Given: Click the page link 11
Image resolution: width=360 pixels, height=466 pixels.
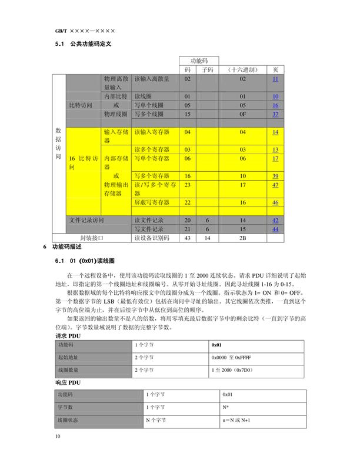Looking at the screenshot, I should pos(275,79).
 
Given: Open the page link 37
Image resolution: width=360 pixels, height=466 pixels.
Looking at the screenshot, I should pos(275,114).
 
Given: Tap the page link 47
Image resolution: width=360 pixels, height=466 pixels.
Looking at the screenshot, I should pos(275,185).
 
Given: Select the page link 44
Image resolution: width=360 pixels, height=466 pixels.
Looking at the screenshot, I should pos(275,229).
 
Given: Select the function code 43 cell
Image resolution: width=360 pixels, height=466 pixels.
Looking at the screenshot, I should pos(188,238).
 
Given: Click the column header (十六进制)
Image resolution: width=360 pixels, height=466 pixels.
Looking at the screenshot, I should pos(242,69).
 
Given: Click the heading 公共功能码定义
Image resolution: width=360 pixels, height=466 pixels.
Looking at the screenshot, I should pos(91,44).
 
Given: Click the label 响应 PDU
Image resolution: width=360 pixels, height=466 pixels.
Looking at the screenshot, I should pos(66,381).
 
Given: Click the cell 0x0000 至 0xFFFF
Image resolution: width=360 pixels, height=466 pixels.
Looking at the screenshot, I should pos(232,357).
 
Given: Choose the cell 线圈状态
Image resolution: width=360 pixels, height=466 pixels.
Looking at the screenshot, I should pos(66,420).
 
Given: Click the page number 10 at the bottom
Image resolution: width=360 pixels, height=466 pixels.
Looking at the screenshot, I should pos(58,436).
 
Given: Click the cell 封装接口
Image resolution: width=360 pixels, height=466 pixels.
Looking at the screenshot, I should pos(92,238).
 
